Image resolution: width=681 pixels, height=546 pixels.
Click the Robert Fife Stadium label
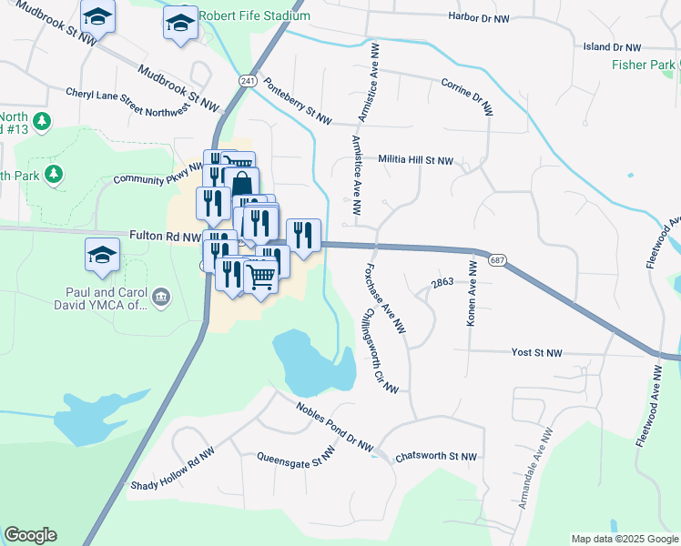(x=254, y=16)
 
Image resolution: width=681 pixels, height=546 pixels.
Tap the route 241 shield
(x=248, y=81)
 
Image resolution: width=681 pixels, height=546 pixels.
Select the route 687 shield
(x=497, y=260)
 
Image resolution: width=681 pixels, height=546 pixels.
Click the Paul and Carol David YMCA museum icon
(x=161, y=296)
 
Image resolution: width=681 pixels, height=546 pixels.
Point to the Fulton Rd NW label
(x=165, y=235)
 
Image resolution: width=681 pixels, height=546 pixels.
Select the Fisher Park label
(x=644, y=65)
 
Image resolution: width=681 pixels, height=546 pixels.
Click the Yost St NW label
(x=536, y=353)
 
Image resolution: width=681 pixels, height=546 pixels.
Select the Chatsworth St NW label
(x=436, y=456)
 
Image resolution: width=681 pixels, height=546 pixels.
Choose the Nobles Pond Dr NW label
(x=334, y=427)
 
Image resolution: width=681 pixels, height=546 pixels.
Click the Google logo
(x=30, y=535)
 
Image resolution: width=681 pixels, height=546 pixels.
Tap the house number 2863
(x=442, y=283)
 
